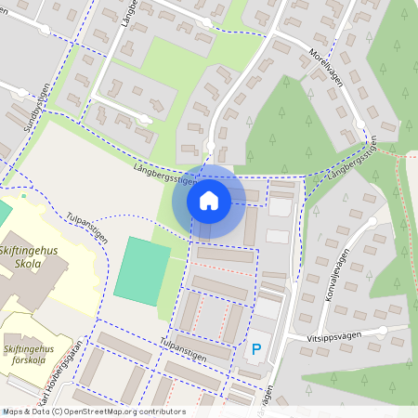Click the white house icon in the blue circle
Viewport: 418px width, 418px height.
pyautogui.click(x=209, y=201)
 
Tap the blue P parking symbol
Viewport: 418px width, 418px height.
pyautogui.click(x=256, y=349)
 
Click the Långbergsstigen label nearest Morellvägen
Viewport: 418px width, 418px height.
pyautogui.click(x=352, y=160)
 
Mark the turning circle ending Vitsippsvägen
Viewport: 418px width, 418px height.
pyautogui.click(x=382, y=330)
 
